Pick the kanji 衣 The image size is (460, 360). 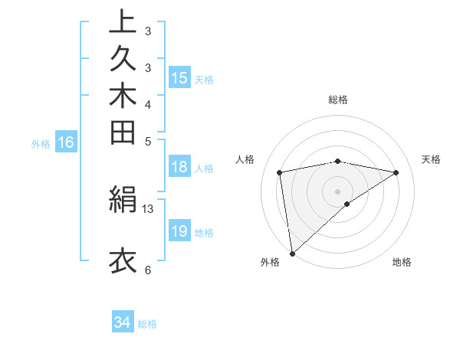[123, 260]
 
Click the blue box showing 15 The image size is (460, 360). [179, 77]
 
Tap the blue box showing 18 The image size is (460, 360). [179, 168]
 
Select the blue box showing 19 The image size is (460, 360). [179, 231]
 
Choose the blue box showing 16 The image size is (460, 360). [66, 142]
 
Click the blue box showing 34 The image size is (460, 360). [123, 322]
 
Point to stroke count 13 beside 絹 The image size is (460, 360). [148, 208]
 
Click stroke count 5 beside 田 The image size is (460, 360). [148, 140]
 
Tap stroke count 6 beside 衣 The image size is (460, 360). [148, 269]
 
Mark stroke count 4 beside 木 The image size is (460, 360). [148, 103]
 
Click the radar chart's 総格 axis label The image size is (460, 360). [338, 100]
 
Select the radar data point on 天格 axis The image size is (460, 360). [396, 172]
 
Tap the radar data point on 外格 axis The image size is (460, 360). [292, 253]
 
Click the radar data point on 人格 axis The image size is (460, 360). [281, 172]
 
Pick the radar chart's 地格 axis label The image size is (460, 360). [402, 262]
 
